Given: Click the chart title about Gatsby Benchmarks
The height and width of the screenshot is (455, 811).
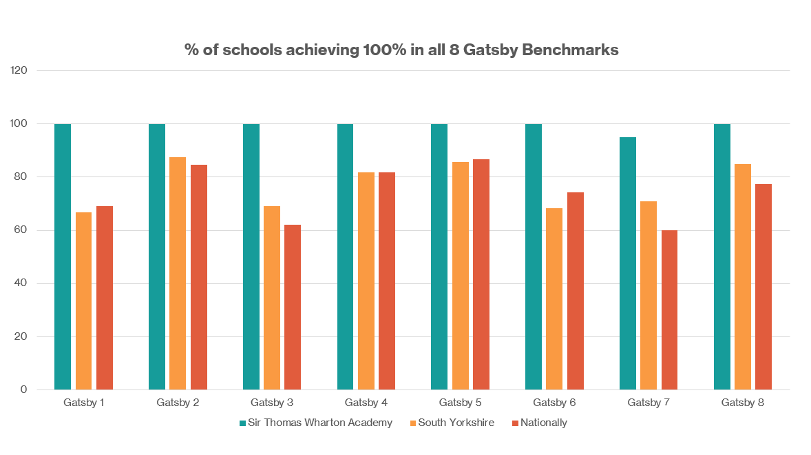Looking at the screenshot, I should pos(401,50).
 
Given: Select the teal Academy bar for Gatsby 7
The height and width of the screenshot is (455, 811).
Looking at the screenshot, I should pos(627,263).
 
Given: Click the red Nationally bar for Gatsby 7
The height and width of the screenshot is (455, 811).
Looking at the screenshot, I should pos(669,310).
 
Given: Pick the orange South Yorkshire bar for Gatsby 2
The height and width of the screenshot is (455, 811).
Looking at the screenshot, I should pos(178,273).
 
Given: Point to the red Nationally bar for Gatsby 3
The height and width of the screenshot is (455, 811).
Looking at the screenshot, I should pos(293,307).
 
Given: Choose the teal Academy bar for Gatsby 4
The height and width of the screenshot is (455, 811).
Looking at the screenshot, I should pos(345,256).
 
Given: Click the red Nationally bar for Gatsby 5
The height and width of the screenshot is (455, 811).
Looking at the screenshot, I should pos(481,274).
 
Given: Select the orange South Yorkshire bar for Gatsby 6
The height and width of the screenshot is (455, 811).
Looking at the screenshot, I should pos(554,299).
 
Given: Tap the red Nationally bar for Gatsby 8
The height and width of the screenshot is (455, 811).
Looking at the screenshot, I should pos(763,287).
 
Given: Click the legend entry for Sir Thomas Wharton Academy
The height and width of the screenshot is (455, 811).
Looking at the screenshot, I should pos(315,423).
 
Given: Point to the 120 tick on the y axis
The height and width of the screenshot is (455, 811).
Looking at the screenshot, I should pos(19,70).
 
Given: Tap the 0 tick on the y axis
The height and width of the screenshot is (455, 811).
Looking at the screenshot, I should pos(24,390).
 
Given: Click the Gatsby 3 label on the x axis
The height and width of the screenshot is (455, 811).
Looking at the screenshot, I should pos(272,402).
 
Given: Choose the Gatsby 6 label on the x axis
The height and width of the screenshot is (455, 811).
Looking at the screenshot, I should pos(554,402).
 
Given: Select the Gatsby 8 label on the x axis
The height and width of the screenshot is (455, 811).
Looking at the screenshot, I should pos(743,402).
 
